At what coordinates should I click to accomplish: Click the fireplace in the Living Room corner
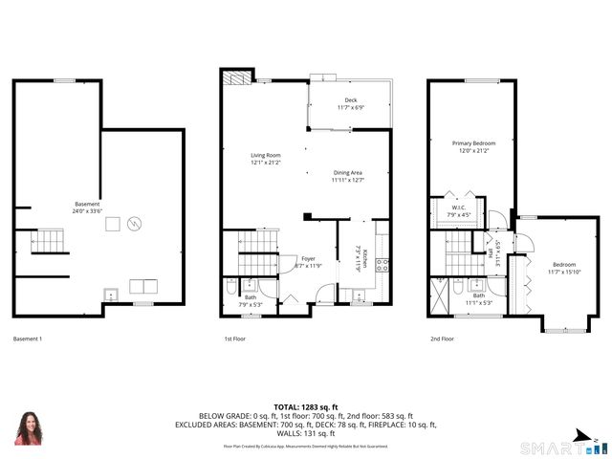point(236,77)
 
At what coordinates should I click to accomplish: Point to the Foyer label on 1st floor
point(307,258)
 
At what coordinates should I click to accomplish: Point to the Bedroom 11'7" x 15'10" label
point(564,265)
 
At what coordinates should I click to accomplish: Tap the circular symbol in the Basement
point(135,224)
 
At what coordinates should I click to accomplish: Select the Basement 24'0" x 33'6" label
point(87,208)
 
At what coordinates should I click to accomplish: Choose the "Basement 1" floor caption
point(28,339)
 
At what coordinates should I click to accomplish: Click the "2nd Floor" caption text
point(441,339)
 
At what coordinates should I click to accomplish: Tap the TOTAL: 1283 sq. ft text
point(305,407)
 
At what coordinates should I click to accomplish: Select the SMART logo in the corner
point(556,448)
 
